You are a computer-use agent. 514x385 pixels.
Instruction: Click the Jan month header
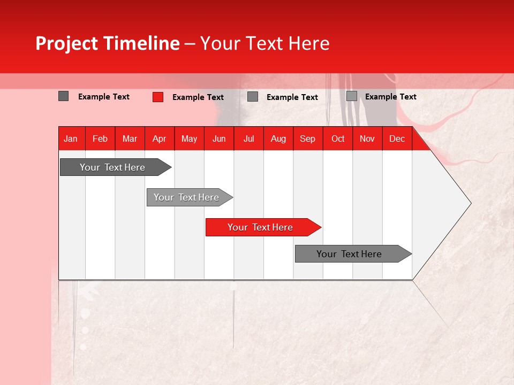(71, 139)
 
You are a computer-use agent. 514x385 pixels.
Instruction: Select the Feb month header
(100, 139)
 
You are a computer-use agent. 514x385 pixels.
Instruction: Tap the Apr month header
(160, 139)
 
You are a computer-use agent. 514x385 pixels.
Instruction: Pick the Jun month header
(219, 139)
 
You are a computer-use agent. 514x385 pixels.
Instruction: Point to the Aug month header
(278, 139)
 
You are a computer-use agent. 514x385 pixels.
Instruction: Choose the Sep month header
(308, 139)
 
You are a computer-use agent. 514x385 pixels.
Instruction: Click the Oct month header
(338, 139)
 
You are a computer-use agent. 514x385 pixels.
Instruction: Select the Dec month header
(397, 139)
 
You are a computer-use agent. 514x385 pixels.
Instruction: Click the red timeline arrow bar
(262, 227)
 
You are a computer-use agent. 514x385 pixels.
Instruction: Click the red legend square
(158, 97)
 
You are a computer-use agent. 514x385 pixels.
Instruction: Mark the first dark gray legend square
(64, 96)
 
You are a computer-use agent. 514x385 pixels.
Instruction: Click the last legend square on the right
(352, 96)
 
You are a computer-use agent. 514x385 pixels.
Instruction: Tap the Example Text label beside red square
(198, 97)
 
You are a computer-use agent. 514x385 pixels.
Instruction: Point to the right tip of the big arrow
(470, 203)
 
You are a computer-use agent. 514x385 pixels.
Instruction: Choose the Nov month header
(367, 139)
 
